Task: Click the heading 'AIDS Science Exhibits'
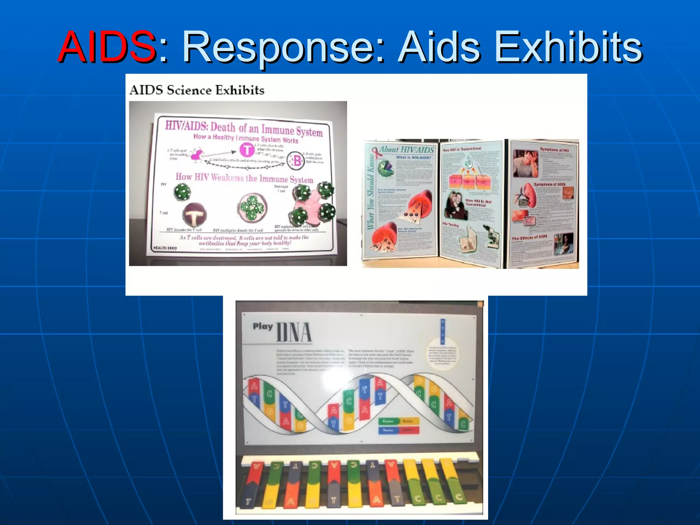pos(197,90)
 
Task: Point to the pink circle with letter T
pos(246,150)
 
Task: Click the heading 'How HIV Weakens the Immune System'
pos(244,178)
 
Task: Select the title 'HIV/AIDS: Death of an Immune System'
pos(244,129)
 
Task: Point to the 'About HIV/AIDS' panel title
pos(406,149)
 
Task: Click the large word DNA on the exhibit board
pos(294,332)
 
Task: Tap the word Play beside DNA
pos(262,326)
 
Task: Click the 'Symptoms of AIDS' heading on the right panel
pos(550,185)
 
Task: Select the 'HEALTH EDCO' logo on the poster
pos(165,248)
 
